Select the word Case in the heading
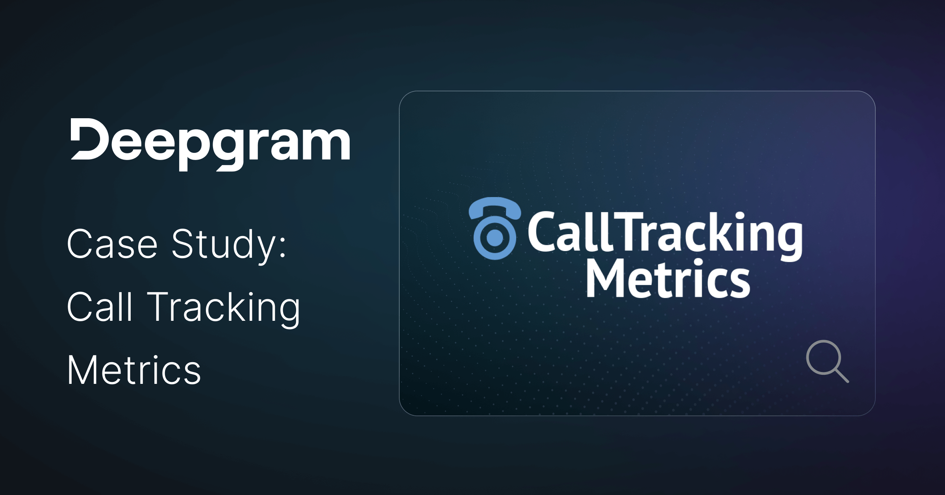113,244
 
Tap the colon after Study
282,247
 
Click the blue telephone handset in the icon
495,207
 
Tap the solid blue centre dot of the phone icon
495,237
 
